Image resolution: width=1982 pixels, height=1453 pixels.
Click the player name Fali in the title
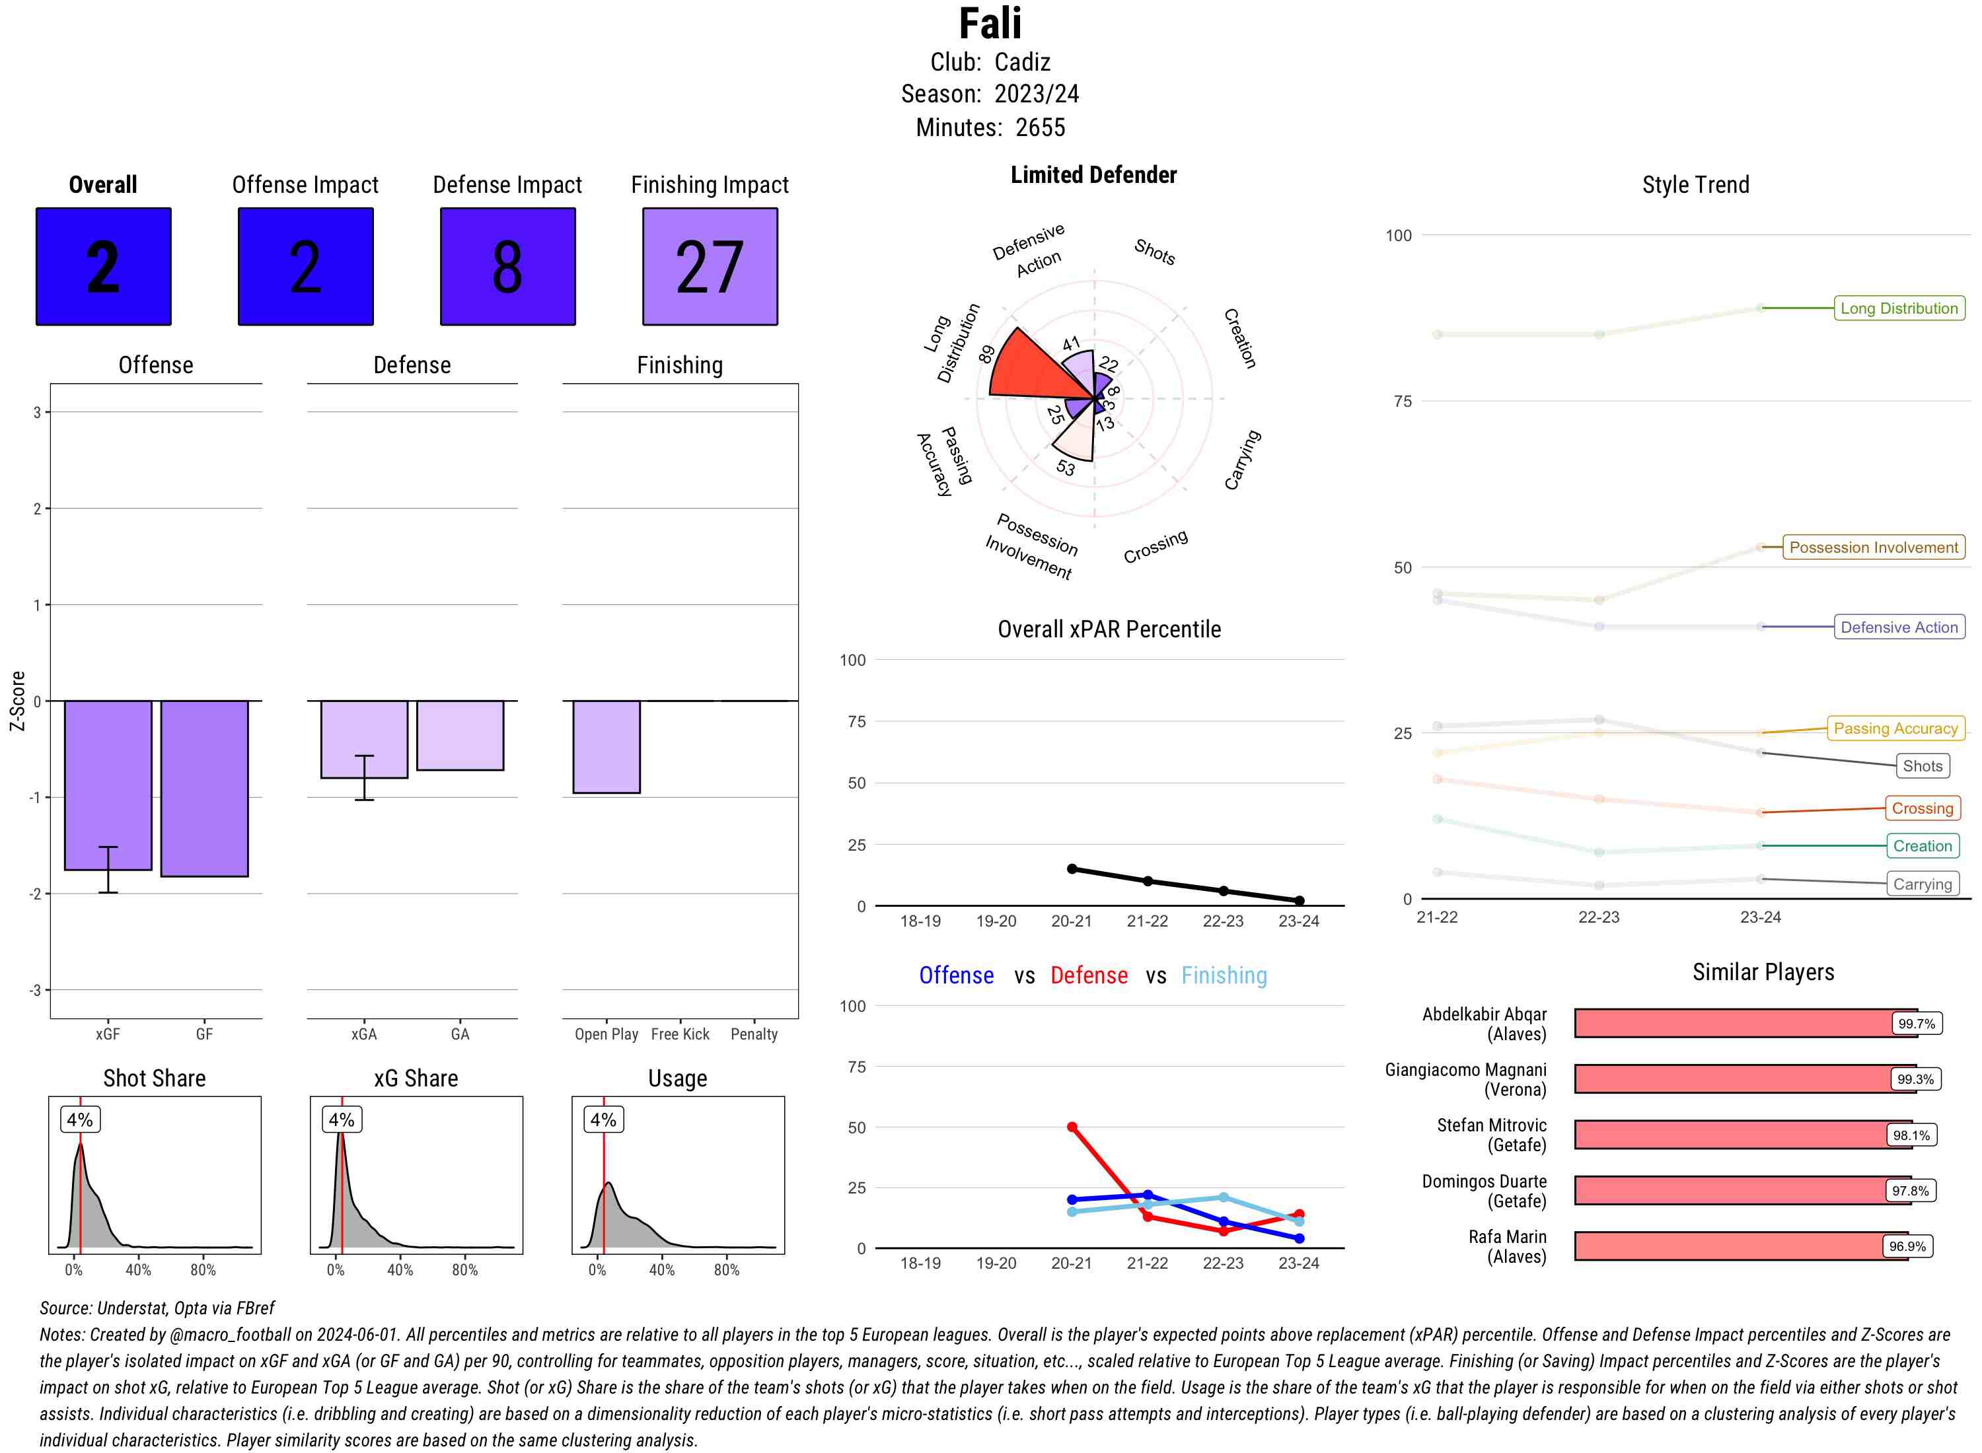click(990, 24)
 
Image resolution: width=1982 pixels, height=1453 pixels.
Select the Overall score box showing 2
click(104, 267)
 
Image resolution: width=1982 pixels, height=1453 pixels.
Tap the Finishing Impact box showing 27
click(710, 267)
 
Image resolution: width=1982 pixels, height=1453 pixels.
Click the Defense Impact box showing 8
click(507, 267)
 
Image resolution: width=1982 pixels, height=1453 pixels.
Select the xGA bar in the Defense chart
click(364, 739)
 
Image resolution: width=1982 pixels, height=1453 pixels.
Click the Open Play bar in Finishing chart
click(606, 747)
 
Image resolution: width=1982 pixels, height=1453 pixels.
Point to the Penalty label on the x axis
click(754, 1034)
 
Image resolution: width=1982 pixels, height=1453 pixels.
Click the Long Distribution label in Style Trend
click(1899, 308)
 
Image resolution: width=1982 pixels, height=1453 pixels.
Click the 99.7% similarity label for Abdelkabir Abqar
click(1916, 1024)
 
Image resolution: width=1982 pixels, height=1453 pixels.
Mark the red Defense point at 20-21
click(1072, 1127)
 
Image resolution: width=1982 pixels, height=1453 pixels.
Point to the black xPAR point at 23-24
click(1298, 901)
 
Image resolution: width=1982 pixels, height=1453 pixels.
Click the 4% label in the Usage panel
click(603, 1119)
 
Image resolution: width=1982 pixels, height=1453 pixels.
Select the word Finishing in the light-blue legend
click(1224, 975)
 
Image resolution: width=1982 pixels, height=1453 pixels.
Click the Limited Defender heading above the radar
click(1093, 175)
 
